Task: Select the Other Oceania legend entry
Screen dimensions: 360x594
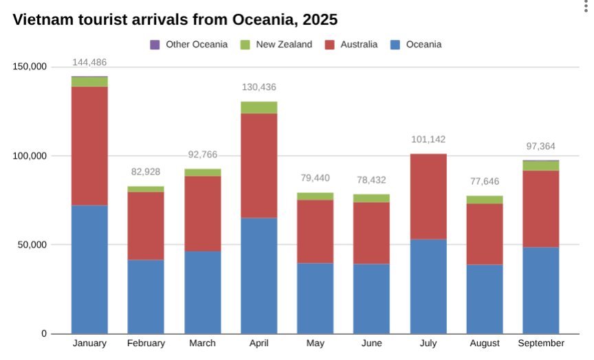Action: coord(189,45)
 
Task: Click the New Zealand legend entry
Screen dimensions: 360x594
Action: coord(276,45)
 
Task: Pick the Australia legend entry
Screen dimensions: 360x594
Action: coord(351,45)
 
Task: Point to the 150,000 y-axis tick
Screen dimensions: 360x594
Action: coord(30,67)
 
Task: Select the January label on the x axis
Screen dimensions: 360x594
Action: coord(89,344)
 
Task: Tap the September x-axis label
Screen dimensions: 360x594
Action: coord(541,344)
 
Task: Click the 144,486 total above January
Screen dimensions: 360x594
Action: coord(89,63)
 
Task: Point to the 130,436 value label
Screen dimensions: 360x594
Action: coord(259,87)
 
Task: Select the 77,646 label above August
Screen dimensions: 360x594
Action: coord(485,181)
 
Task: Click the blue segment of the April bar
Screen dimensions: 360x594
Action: coord(259,275)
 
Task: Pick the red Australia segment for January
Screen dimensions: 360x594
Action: coord(89,146)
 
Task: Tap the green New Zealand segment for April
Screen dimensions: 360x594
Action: coord(259,107)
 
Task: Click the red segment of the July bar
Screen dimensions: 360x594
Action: coord(428,196)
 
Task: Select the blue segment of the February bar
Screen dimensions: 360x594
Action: coord(146,296)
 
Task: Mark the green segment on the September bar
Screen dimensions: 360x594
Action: coord(541,166)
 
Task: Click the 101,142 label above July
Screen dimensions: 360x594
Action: coord(428,139)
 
